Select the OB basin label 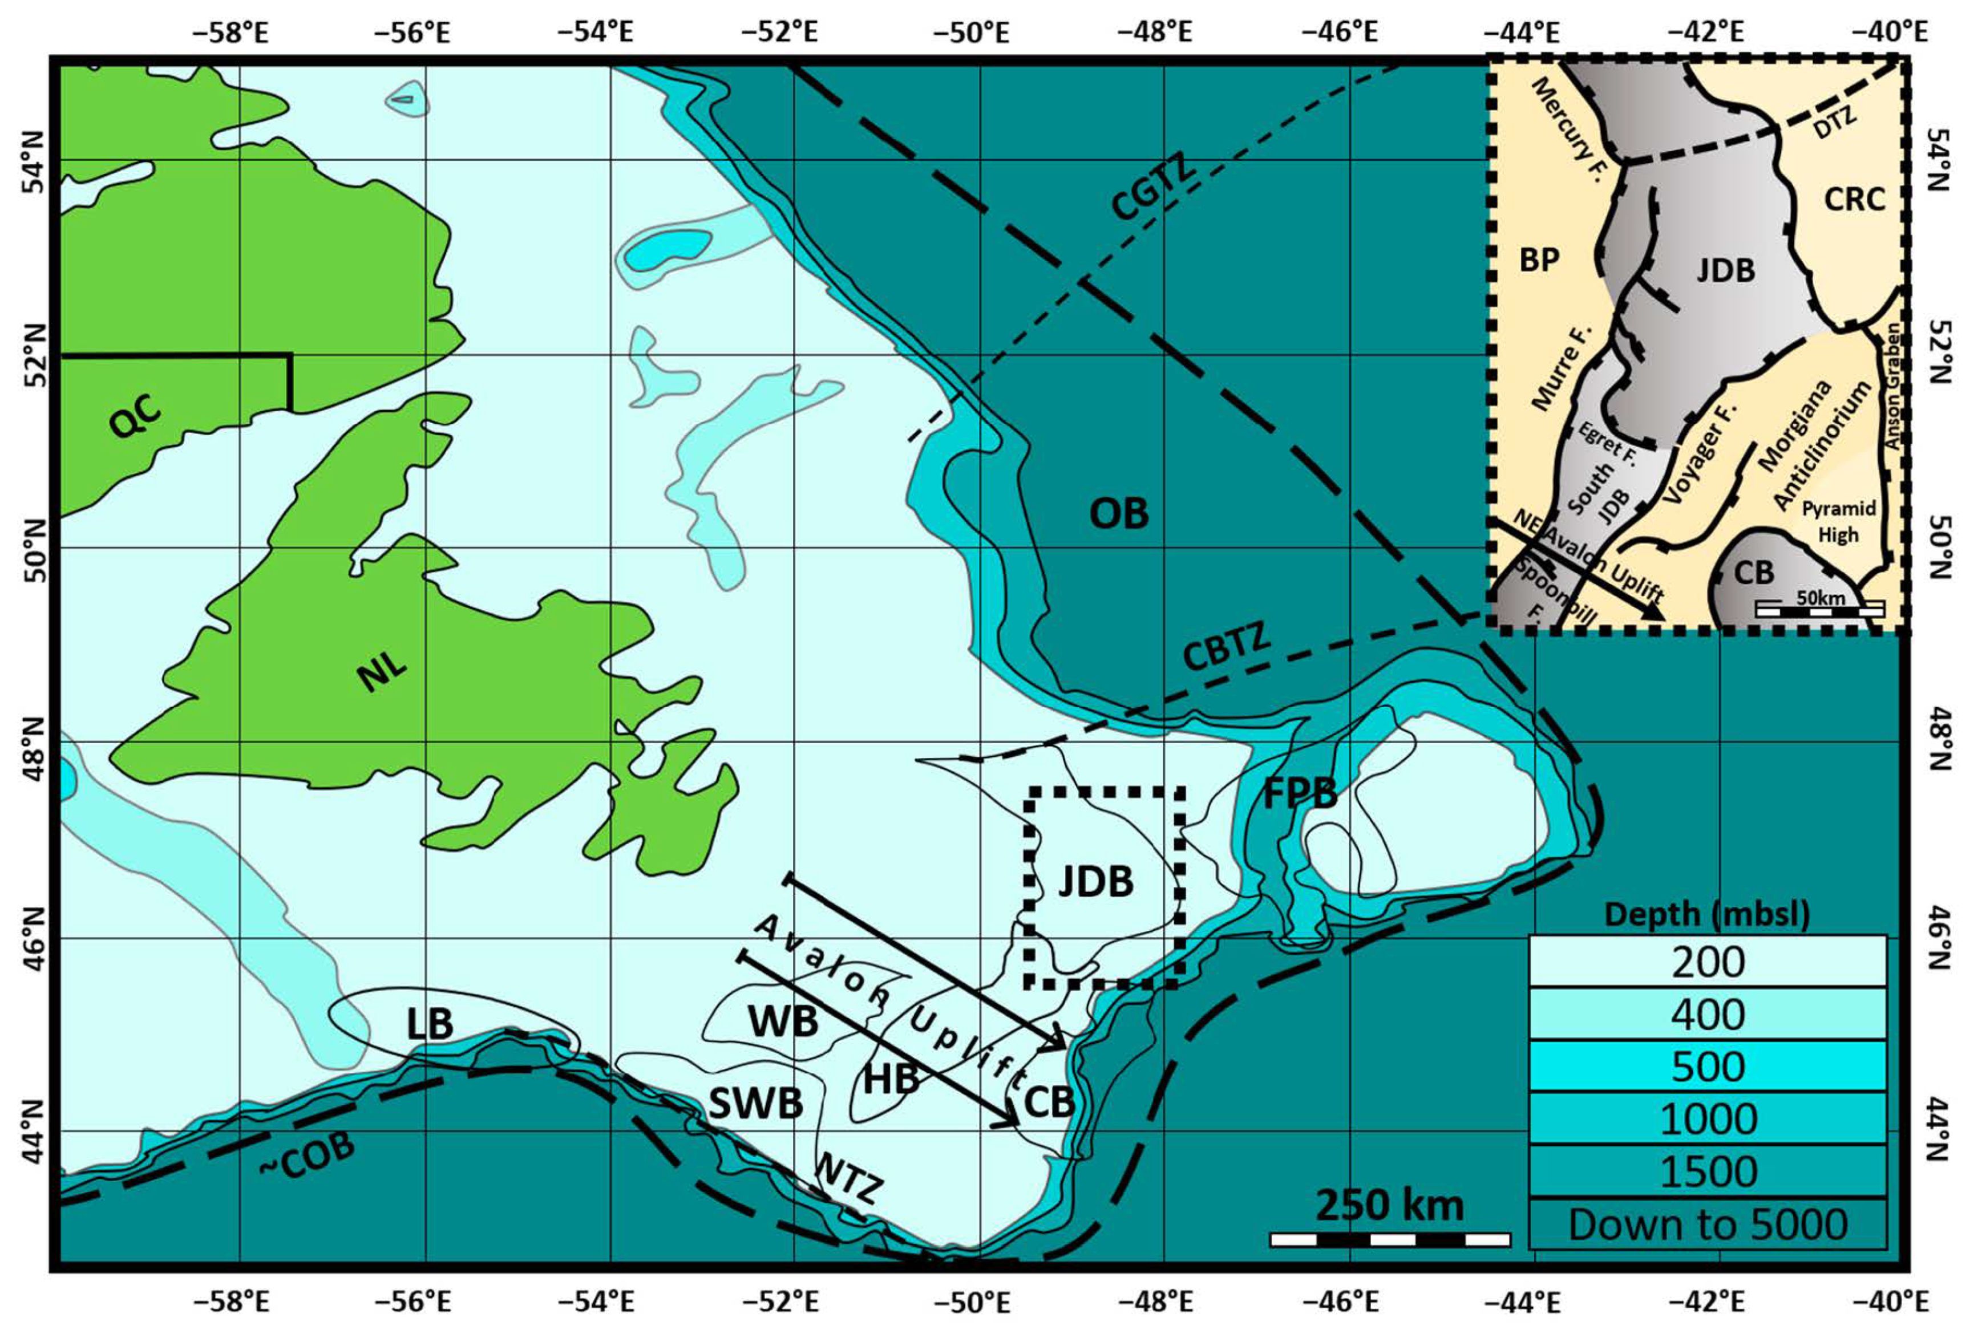1118,513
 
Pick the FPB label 1300,794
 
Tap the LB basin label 429,1024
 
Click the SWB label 756,1104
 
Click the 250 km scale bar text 1390,1206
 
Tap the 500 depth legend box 1708,1067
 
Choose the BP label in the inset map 1540,260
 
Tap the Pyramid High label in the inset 1838,521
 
